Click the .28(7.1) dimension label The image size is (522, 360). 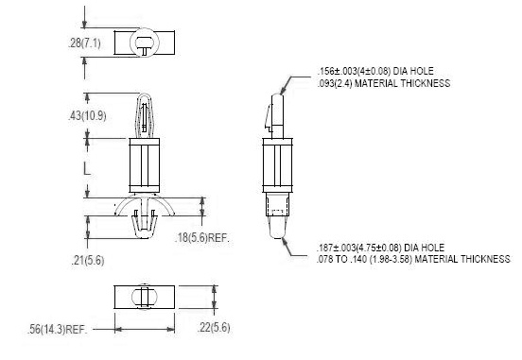[x=84, y=43]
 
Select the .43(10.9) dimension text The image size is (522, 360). [x=87, y=116]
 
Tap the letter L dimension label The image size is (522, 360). [x=87, y=169]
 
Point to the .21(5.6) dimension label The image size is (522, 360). [x=88, y=260]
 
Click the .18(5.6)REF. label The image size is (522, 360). [x=202, y=237]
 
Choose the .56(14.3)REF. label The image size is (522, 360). [x=58, y=330]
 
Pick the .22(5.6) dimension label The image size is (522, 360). [x=214, y=327]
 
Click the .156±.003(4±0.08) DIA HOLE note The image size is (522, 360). [x=375, y=71]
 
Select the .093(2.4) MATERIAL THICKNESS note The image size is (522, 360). [x=384, y=83]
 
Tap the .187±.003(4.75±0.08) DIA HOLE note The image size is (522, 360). [x=380, y=248]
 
